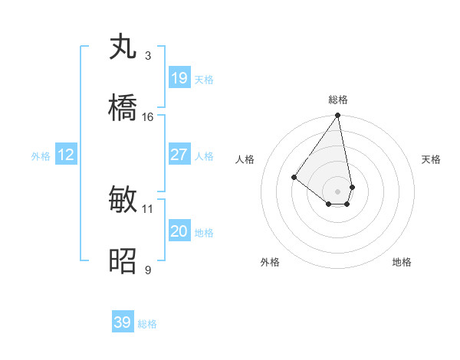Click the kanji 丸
click(123, 47)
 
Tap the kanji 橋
click(123, 109)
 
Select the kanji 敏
click(123, 200)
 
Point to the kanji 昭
click(123, 261)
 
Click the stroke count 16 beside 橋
click(148, 117)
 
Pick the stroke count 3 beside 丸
click(148, 56)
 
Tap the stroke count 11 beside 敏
click(148, 208)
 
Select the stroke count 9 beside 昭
click(148, 270)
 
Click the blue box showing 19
click(179, 78)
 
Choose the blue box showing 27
click(179, 155)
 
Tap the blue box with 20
click(179, 231)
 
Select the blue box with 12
click(66, 155)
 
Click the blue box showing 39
click(123, 322)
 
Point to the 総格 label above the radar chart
click(338, 100)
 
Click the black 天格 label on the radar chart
click(432, 159)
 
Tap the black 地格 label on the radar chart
click(402, 263)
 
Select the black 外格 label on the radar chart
click(270, 263)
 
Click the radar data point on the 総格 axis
click(338, 116)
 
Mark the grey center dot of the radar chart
click(338, 191)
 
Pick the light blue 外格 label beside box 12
click(41, 155)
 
